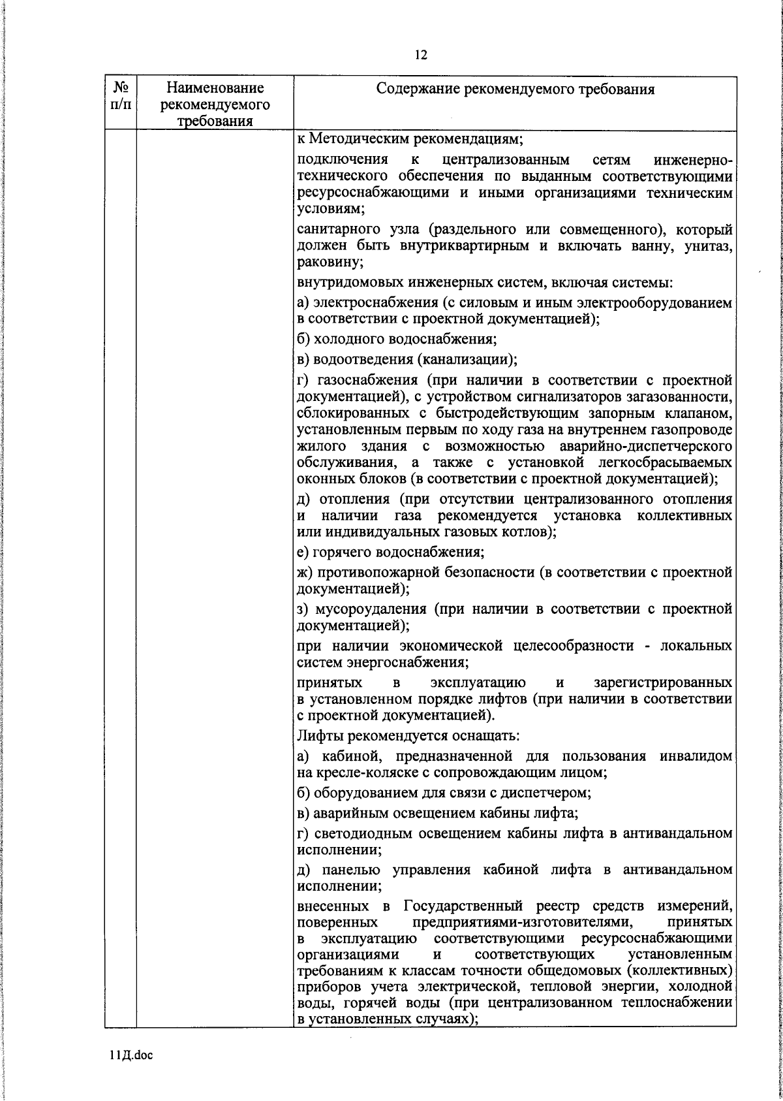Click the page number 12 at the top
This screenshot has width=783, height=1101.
[420, 55]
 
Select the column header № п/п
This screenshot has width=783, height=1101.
[120, 95]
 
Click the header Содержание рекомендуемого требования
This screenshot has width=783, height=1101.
[515, 89]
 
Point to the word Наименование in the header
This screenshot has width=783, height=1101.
[215, 88]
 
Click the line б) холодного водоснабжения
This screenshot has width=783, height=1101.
[397, 339]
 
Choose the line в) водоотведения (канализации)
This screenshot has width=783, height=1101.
[407, 359]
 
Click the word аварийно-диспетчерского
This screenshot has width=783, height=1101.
[645, 447]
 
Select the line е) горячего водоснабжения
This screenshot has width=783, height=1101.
[390, 552]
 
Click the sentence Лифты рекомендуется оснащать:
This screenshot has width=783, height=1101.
[408, 735]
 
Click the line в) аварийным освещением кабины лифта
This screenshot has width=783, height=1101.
[437, 813]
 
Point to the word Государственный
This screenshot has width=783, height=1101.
[463, 906]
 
